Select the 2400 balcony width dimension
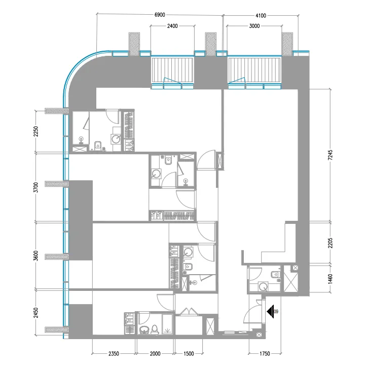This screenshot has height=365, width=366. pos(173,26)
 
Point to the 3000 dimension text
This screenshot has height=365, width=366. pos(254,26)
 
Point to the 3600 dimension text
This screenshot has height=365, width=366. pos(35,256)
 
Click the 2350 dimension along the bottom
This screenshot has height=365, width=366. pos(114,353)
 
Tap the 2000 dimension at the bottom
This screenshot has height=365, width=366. pos(155,353)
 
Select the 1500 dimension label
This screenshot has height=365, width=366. pos(188,353)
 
